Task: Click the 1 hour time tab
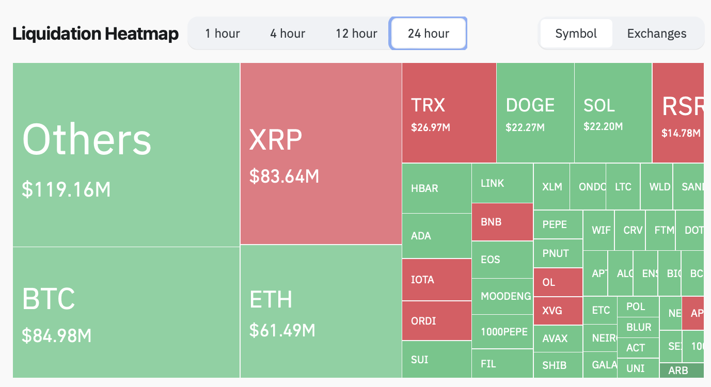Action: click(x=222, y=34)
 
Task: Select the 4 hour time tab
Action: click(x=287, y=34)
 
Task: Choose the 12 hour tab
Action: click(x=356, y=34)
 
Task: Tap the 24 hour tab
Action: click(x=428, y=34)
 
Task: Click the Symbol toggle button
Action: click(x=576, y=34)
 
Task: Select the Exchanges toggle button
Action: click(x=657, y=34)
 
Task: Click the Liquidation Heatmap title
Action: click(x=96, y=34)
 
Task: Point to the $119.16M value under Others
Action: click(x=66, y=189)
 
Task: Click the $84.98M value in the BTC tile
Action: click(x=57, y=335)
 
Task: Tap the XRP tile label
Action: click(x=275, y=139)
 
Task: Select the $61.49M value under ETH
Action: click(x=282, y=330)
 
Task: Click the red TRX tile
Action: click(x=449, y=112)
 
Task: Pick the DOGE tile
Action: click(x=535, y=112)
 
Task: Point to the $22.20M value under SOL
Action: click(x=603, y=126)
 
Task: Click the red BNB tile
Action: click(x=502, y=222)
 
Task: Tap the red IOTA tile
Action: click(x=436, y=280)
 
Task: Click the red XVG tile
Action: click(x=558, y=311)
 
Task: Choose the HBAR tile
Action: click(x=436, y=188)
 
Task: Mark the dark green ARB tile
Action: click(x=681, y=370)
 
